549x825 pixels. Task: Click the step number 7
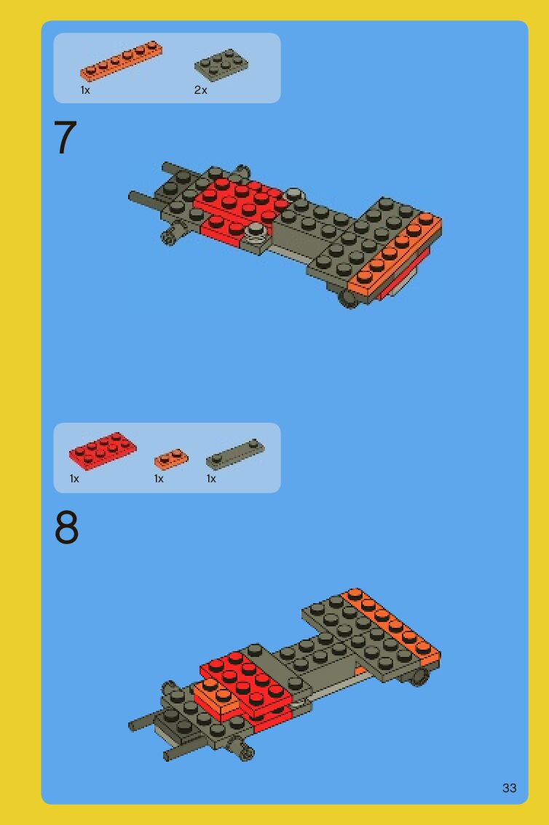(x=66, y=137)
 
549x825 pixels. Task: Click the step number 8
(x=66, y=527)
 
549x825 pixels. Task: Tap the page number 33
(x=509, y=788)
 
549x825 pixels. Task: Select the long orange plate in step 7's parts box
(x=121, y=60)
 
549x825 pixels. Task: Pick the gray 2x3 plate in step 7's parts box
(x=221, y=65)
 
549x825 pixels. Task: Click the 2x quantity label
(x=200, y=90)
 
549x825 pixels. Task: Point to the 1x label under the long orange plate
(x=85, y=90)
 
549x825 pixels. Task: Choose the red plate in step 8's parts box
(x=103, y=450)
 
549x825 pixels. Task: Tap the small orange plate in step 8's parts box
(x=171, y=459)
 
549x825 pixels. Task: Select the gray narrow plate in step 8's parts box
(x=235, y=455)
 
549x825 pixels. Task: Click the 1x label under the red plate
(x=74, y=479)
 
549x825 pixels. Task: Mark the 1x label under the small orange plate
(x=159, y=479)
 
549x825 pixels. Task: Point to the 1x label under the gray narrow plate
(x=211, y=479)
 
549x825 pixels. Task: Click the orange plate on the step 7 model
(x=395, y=255)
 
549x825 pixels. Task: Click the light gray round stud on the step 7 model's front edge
(x=256, y=231)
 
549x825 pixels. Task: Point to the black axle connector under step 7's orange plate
(x=347, y=298)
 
